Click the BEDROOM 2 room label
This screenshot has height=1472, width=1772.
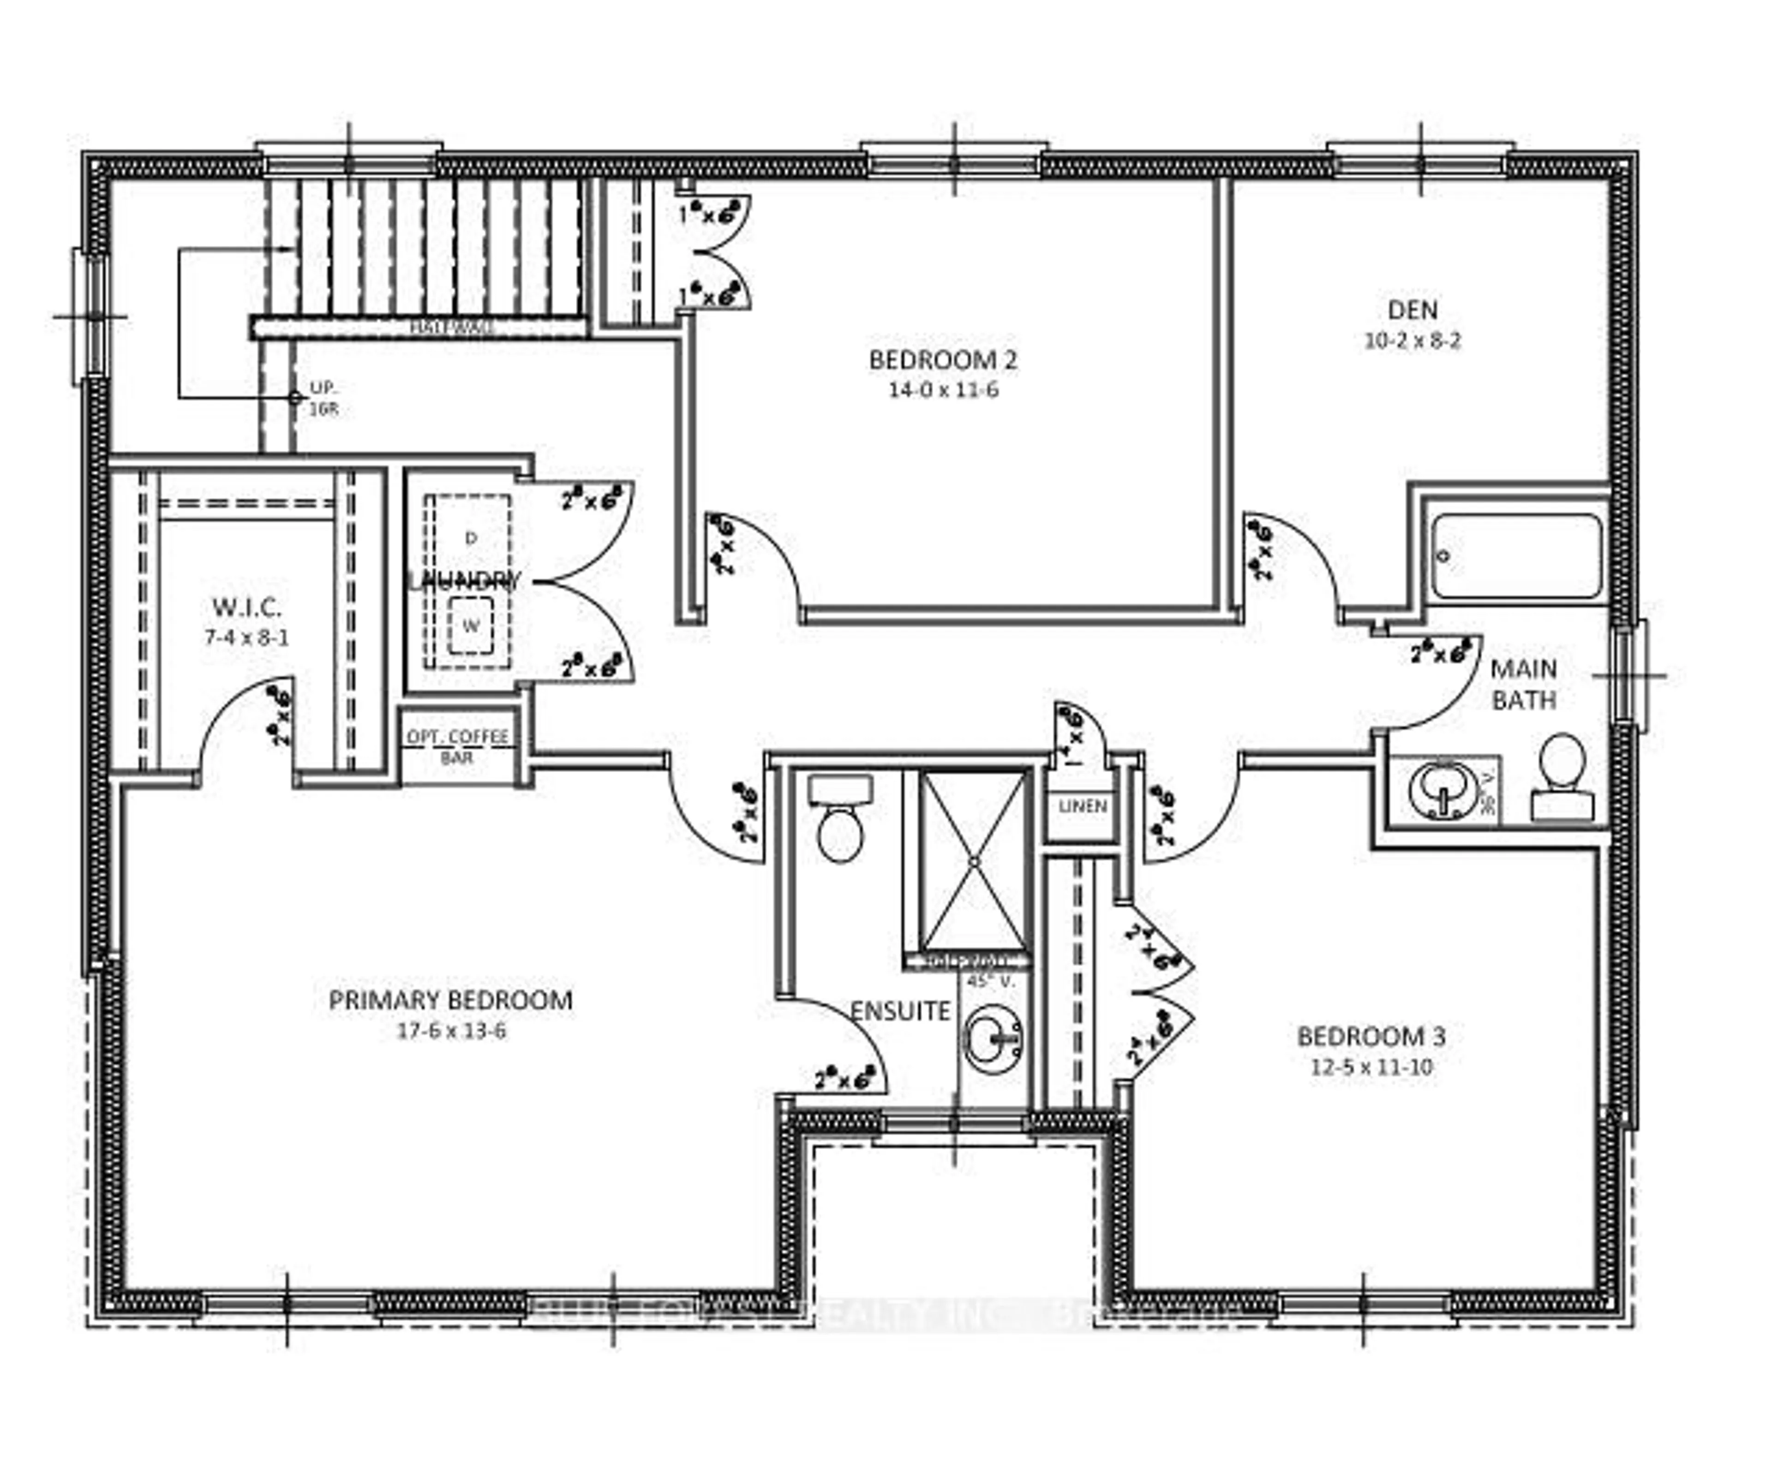[943, 360]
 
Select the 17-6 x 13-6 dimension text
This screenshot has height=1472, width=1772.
[451, 1031]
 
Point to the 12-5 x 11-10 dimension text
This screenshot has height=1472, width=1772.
[1371, 1066]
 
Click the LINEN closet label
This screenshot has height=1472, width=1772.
[1083, 806]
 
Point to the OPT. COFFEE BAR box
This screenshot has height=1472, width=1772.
[457, 746]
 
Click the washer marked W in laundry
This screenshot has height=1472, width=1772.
[470, 626]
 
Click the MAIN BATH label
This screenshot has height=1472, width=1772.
[1523, 684]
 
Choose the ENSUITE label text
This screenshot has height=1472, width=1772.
[899, 1011]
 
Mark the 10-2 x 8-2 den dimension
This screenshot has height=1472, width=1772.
[1413, 341]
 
